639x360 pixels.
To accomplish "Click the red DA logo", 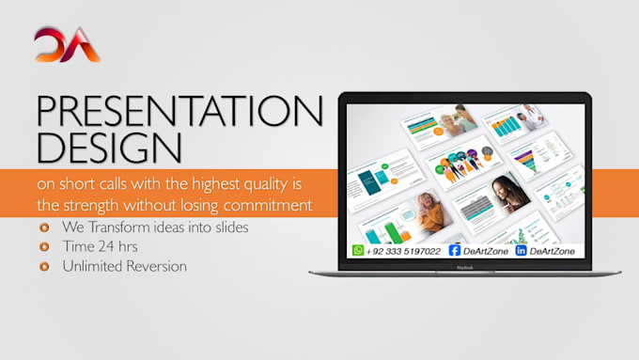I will click(x=67, y=45).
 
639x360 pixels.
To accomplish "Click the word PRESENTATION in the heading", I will click(x=179, y=113).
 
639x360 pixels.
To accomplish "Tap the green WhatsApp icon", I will click(x=358, y=250).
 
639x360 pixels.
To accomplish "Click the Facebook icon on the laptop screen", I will click(x=455, y=250).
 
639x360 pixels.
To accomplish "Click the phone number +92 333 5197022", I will click(x=404, y=251).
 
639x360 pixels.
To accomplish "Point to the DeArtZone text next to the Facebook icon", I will click(x=486, y=251).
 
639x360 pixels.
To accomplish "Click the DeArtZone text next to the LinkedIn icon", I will click(x=554, y=251).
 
